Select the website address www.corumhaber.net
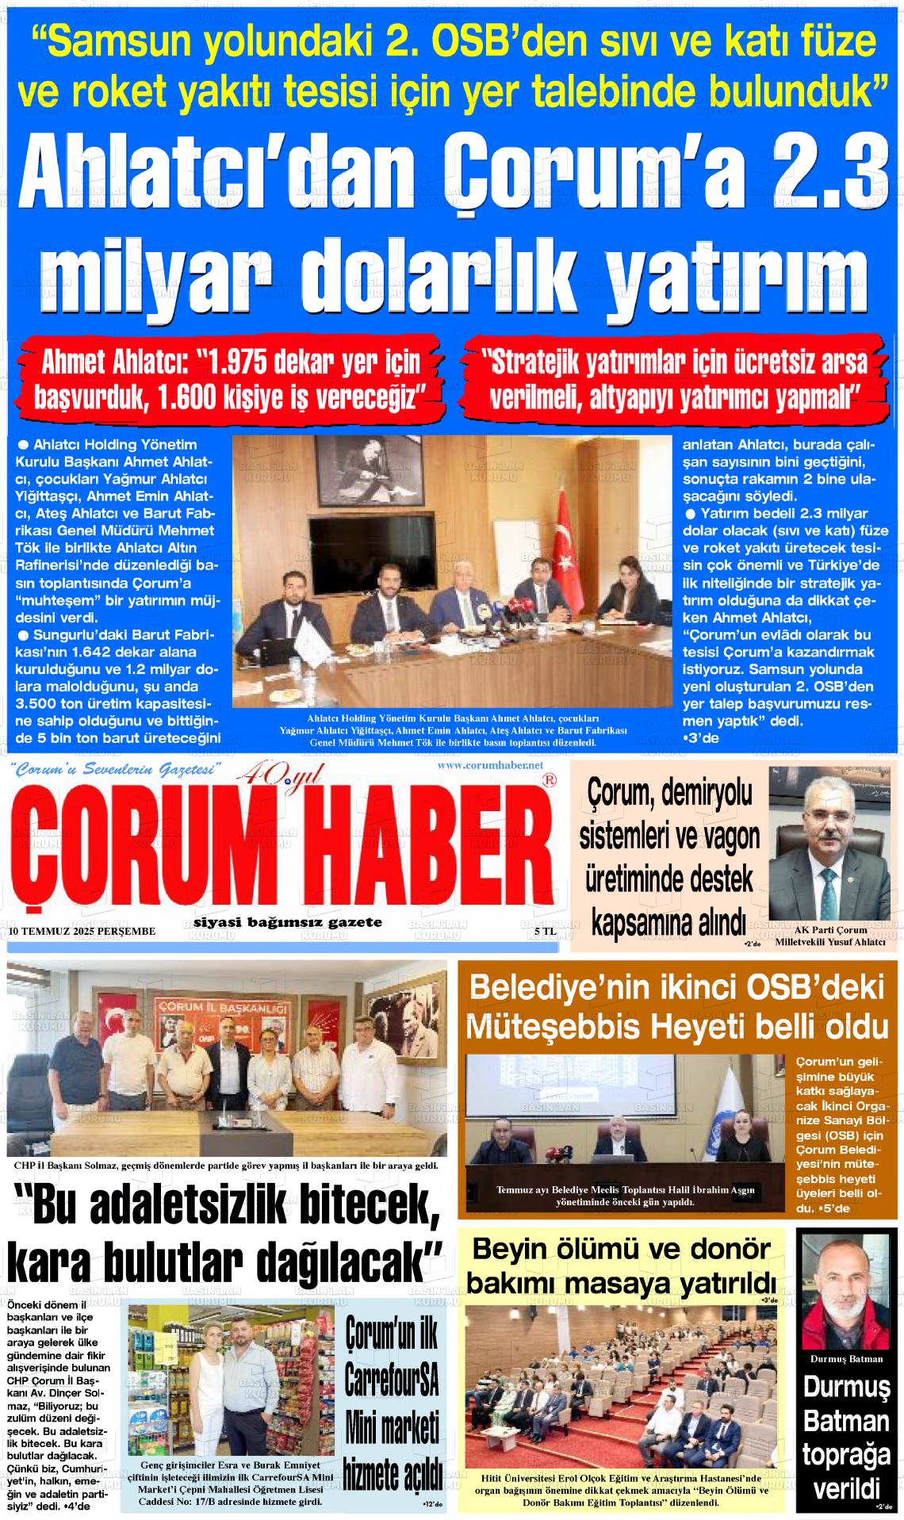coord(489,765)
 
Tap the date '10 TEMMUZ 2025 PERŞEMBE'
coord(82,931)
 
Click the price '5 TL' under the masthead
coord(545,932)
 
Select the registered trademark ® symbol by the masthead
coord(548,781)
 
